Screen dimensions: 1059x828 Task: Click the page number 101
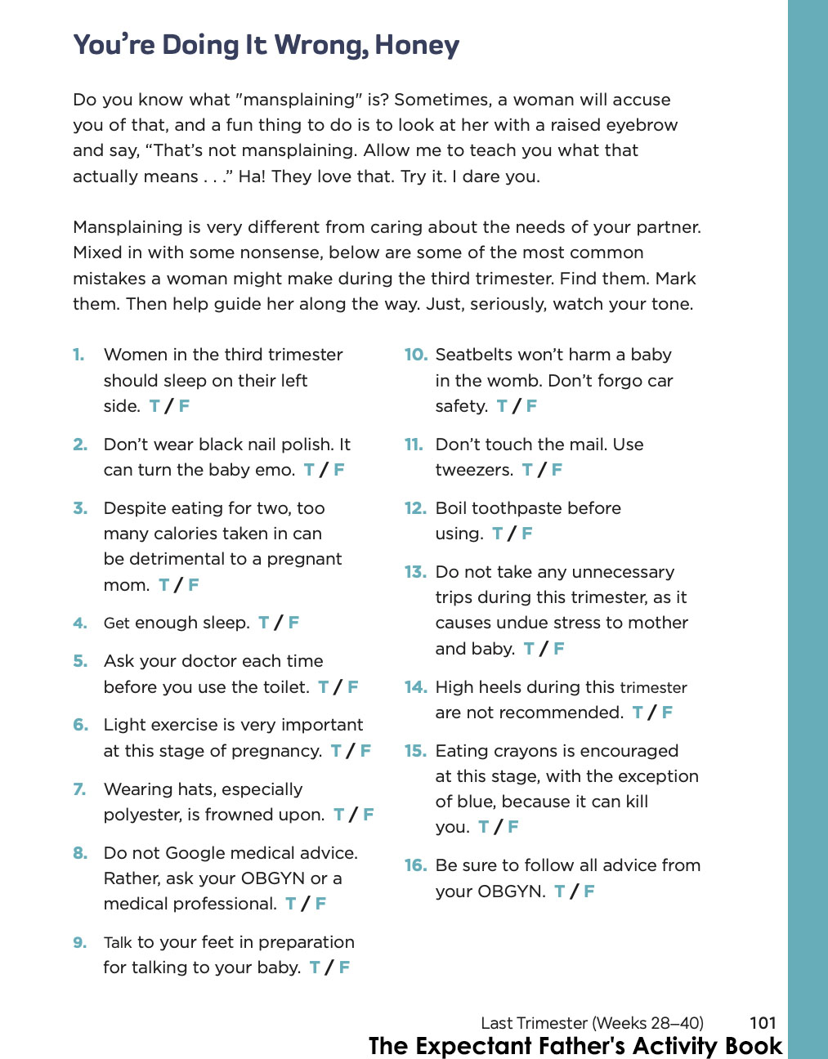[763, 1022]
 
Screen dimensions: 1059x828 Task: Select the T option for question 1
[154, 406]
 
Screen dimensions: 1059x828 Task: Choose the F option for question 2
[339, 470]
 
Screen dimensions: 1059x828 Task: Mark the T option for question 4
[264, 623]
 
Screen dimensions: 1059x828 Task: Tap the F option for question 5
[353, 687]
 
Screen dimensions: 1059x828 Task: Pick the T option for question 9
[315, 967]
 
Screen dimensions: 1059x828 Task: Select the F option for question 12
[527, 534]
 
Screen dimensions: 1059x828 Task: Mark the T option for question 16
[559, 891]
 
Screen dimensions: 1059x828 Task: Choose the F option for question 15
[513, 827]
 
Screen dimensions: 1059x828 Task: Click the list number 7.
[79, 789]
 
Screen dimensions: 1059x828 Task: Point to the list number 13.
[415, 572]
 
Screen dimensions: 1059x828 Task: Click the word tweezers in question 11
[472, 470]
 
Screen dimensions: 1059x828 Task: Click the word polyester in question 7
[142, 815]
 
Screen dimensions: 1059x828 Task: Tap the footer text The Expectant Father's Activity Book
[575, 1046]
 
